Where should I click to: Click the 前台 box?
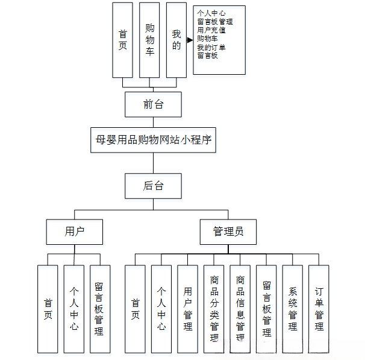[x=153, y=104]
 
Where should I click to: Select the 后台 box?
[x=153, y=186]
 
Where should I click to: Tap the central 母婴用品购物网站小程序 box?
[x=153, y=140]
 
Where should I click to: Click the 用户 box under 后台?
[x=75, y=232]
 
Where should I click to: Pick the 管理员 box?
[x=228, y=232]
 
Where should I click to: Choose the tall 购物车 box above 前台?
[x=149, y=40]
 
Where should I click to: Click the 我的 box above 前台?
[x=176, y=40]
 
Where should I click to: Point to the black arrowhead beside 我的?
[x=190, y=40]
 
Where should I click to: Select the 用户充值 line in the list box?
[x=211, y=30]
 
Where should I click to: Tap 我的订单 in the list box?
[x=211, y=47]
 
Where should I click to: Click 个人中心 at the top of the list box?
[x=211, y=13]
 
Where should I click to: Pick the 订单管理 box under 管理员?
[x=319, y=309]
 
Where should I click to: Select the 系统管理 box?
[x=293, y=309]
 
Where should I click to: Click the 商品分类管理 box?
[x=214, y=309]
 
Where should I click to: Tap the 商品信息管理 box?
[x=240, y=309]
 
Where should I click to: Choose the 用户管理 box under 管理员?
[x=188, y=309]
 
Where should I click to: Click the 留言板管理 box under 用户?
[x=100, y=309]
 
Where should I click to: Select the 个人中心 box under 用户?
[x=74, y=309]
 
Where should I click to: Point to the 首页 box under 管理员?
[x=135, y=309]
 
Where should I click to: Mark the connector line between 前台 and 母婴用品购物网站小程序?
[x=153, y=122]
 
